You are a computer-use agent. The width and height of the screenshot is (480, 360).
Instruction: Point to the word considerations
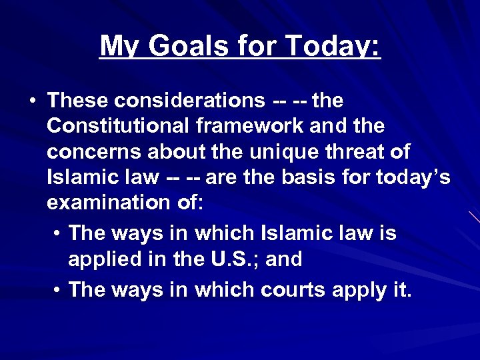point(189,101)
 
